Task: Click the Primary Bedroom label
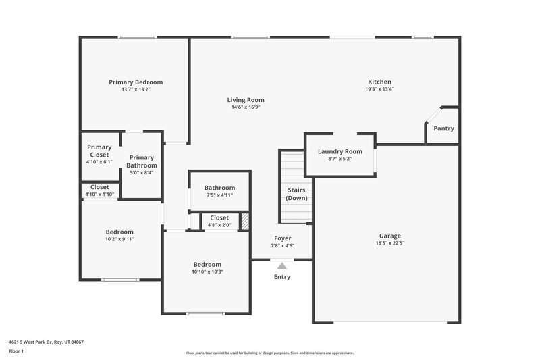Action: pos(136,82)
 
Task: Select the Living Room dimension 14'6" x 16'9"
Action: pos(245,107)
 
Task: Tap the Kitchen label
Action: pos(379,82)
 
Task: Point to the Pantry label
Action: pos(443,128)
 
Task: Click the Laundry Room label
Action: pos(340,151)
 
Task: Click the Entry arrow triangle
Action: pos(281,266)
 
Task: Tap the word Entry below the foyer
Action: pos(281,277)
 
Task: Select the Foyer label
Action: pos(282,238)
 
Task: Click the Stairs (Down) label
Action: pos(297,194)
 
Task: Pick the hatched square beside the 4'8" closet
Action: pos(245,221)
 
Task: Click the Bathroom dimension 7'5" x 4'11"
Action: pos(219,195)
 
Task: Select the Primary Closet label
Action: pos(99,151)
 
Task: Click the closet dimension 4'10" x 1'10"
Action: pos(99,195)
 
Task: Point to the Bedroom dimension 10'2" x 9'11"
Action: pos(119,238)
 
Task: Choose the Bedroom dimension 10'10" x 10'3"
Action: pos(208,272)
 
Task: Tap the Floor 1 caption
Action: pos(16,352)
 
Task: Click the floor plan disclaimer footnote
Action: pos(269,353)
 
